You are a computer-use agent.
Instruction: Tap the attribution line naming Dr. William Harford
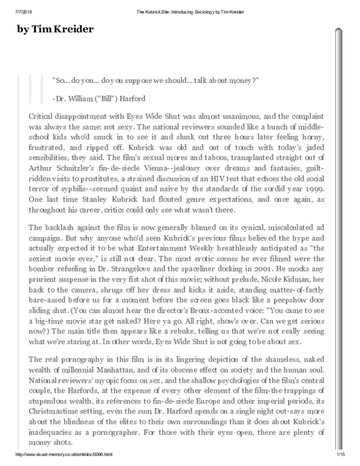(x=99, y=98)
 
